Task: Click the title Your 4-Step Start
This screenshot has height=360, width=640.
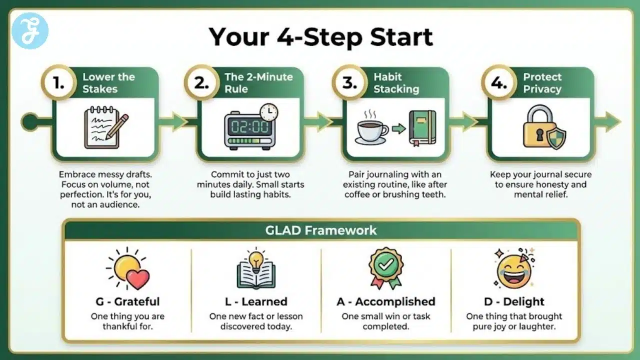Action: (x=320, y=36)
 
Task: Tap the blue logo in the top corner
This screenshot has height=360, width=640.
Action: (x=30, y=30)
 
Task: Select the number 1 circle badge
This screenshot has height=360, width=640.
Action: (x=59, y=83)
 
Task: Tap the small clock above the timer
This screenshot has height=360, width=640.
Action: (x=268, y=112)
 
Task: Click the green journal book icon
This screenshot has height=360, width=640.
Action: (x=422, y=128)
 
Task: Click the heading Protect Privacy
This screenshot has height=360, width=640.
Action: (x=542, y=83)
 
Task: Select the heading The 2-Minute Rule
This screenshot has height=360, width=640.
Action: (x=258, y=83)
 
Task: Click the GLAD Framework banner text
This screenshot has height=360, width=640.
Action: (x=321, y=230)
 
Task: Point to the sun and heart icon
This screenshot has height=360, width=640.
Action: (x=128, y=269)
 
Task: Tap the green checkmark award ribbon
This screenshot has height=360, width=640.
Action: (x=385, y=267)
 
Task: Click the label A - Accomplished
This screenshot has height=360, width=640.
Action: (x=385, y=301)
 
